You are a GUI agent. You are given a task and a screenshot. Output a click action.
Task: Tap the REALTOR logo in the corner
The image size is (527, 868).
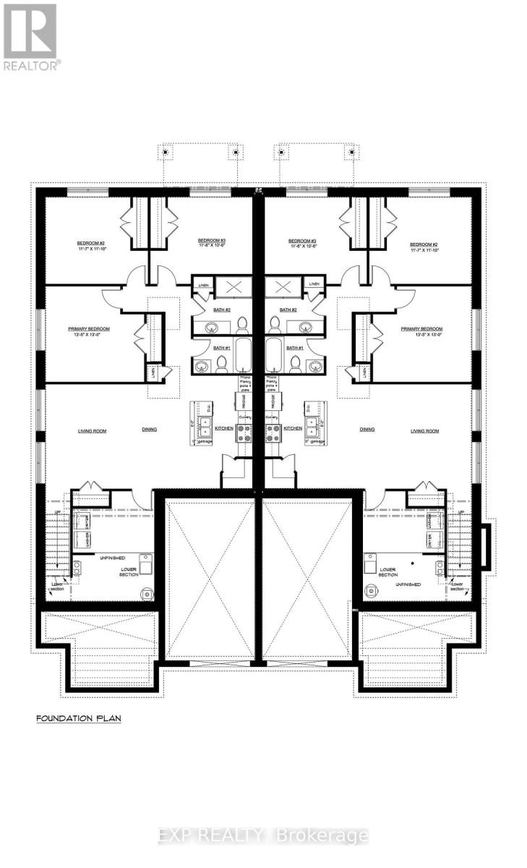tap(30, 35)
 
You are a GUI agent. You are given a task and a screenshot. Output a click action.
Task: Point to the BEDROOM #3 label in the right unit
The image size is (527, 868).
tap(302, 244)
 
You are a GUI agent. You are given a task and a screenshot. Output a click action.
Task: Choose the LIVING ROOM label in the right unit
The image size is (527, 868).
tap(425, 430)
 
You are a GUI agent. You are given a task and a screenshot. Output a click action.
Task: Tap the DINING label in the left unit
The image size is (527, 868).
tap(150, 430)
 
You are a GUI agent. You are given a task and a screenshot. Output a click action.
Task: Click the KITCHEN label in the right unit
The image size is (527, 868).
tap(292, 428)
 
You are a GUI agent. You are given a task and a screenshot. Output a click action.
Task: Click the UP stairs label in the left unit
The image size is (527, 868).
tap(57, 512)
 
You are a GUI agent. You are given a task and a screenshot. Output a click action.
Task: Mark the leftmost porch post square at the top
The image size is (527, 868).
tap(166, 153)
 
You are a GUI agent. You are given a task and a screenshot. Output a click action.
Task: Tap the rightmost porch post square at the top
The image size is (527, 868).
tap(352, 153)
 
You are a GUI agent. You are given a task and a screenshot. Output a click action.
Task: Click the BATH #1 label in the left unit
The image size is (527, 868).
tap(222, 349)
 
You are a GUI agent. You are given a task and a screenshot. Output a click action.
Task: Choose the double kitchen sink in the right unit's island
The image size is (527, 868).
tap(315, 423)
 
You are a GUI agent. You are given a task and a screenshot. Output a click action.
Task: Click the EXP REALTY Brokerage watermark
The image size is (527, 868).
tap(263, 836)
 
